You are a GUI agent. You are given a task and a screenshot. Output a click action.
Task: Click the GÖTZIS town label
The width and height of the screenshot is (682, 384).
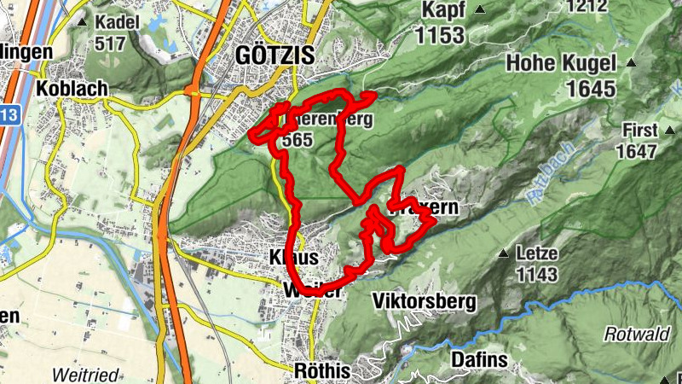[275, 55]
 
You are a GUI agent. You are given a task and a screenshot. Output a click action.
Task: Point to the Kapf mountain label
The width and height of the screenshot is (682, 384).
[443, 10]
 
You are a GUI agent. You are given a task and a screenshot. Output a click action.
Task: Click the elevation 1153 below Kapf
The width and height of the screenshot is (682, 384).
[440, 35]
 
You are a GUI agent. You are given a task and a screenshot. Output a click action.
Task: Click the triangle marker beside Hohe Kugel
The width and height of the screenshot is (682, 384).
[632, 62]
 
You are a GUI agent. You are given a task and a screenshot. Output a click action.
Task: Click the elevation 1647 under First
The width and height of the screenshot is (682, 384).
[639, 152]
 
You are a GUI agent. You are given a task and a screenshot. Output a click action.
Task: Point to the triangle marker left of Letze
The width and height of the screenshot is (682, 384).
[503, 253]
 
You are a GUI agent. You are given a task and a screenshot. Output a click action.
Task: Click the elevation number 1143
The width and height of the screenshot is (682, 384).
[537, 274]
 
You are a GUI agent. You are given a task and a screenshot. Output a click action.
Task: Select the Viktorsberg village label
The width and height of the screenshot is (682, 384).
[424, 301]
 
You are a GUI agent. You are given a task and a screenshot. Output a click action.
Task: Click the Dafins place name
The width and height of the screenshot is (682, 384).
[479, 360]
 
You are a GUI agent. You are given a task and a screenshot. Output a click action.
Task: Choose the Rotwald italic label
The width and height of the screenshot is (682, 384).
[636, 335]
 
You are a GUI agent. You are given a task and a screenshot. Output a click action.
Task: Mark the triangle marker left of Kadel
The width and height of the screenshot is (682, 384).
[82, 20]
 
